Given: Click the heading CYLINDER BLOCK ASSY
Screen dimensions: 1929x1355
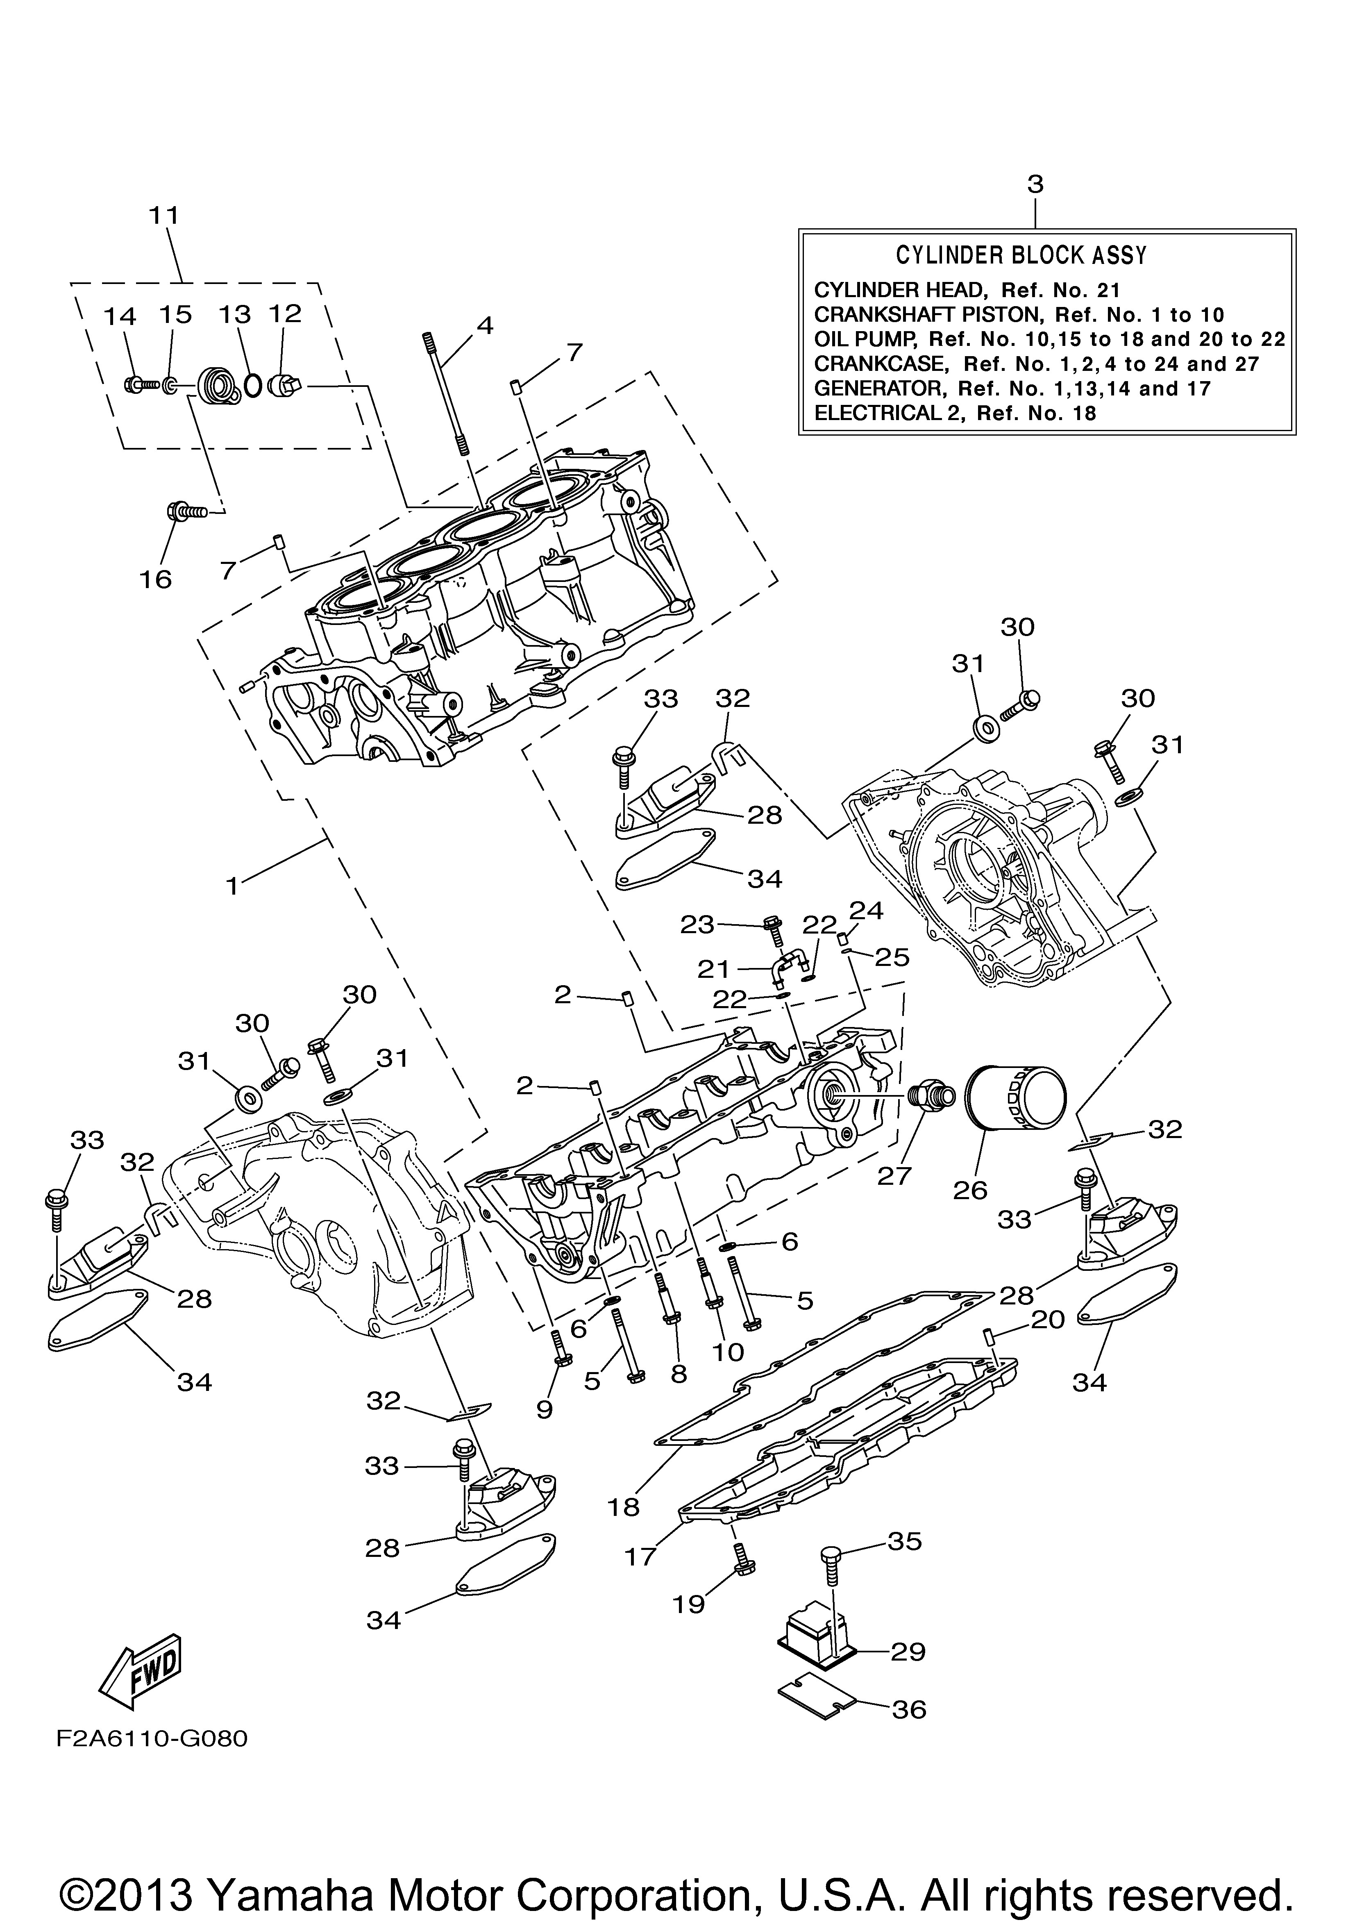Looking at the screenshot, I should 1021,254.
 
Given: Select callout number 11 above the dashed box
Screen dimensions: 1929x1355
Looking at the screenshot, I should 165,215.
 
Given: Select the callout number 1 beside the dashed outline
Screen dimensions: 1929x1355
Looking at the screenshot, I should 233,886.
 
